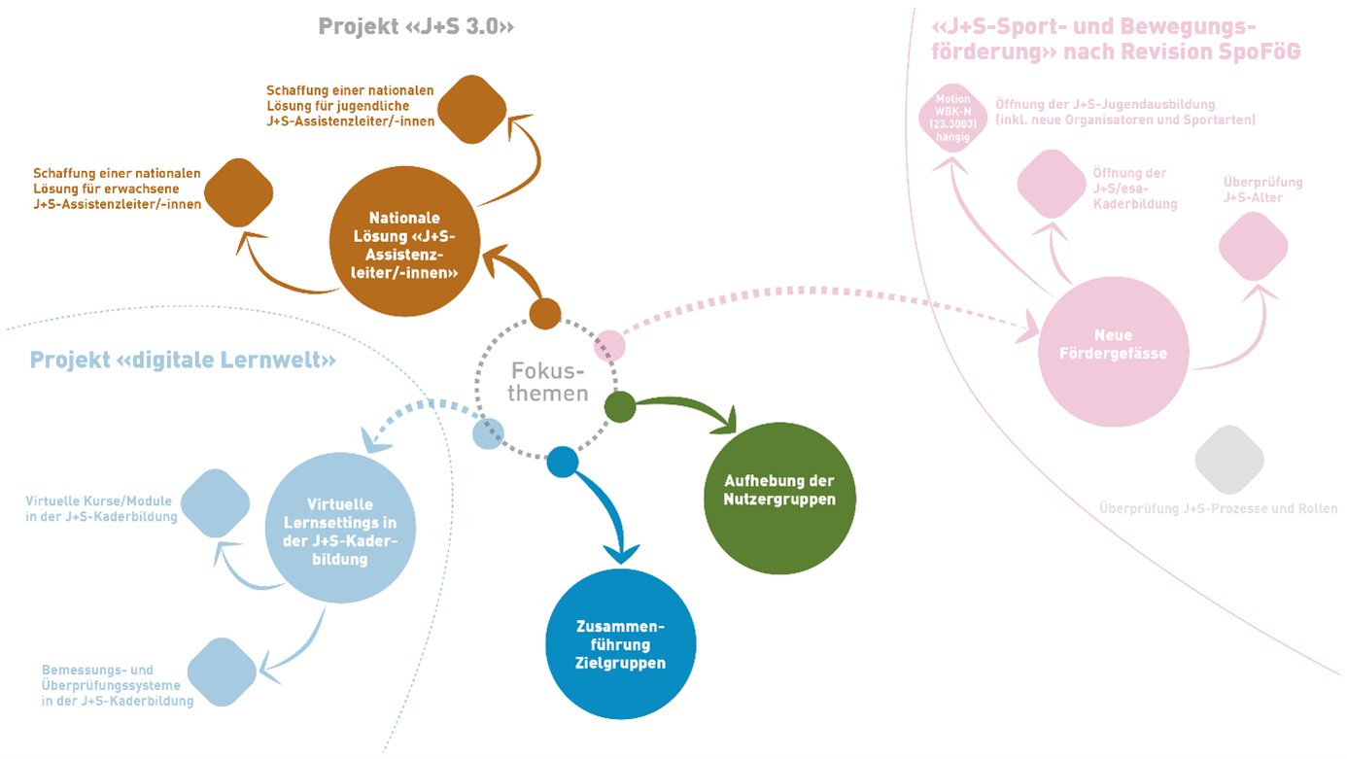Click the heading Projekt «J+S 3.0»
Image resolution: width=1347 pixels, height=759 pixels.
(415, 27)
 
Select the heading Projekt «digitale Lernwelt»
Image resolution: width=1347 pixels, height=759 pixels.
(183, 361)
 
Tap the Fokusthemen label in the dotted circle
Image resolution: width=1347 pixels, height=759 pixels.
(549, 383)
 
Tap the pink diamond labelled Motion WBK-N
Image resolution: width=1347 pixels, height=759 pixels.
(952, 119)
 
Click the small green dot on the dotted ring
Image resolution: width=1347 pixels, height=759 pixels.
(620, 406)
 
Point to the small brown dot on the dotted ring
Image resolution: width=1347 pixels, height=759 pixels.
(545, 314)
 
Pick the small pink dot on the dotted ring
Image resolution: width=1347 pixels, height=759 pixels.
(609, 345)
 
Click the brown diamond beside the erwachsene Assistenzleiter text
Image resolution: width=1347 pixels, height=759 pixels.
(239, 191)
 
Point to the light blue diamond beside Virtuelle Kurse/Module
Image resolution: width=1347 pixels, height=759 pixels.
(216, 503)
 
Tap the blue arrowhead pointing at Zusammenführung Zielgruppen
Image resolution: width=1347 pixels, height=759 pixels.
(622, 553)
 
